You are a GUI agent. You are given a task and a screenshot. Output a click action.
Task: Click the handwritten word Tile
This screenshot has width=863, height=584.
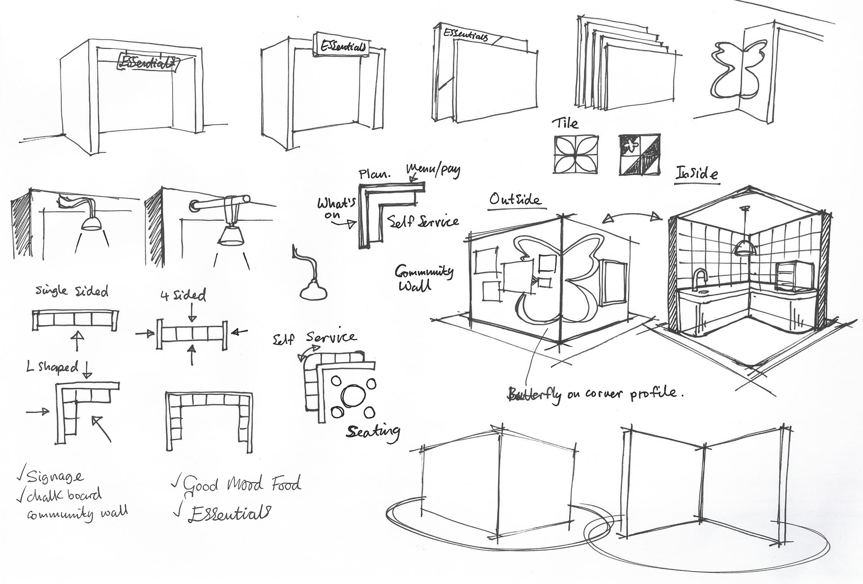coord(565,123)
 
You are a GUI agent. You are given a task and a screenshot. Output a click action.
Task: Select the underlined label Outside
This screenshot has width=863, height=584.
coord(516,199)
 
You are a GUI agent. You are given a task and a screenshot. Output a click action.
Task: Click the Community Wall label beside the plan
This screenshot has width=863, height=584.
coord(423,278)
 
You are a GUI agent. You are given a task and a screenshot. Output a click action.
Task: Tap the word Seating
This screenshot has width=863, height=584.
coord(373,431)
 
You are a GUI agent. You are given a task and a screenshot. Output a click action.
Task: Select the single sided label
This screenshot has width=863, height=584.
coord(72,291)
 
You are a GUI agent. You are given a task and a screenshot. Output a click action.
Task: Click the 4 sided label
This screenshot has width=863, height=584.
coord(183,296)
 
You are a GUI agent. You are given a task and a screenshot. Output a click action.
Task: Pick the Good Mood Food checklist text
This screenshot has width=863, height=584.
coord(241,485)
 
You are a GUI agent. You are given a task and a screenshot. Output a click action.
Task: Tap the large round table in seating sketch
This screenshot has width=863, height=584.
coord(351,395)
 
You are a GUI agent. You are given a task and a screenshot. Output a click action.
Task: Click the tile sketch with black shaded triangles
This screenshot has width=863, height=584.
coord(640,154)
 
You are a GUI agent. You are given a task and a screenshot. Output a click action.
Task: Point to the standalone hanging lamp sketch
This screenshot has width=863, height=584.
coord(311,288)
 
